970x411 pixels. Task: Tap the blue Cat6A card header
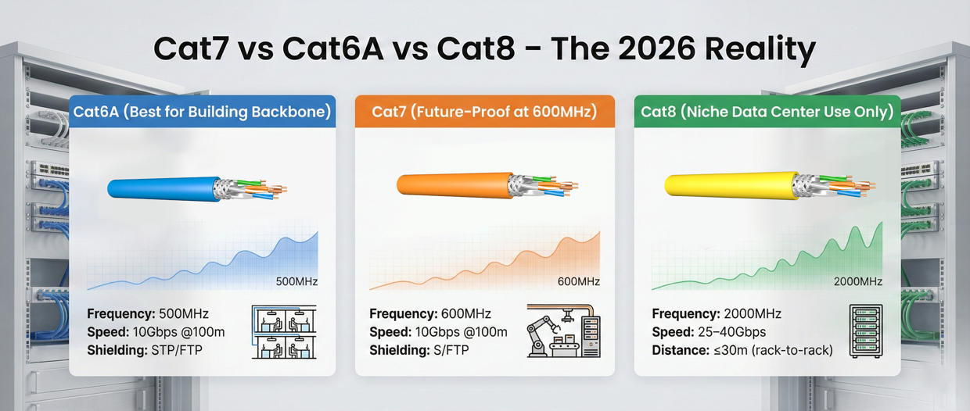[202, 112]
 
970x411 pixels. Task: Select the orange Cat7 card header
[484, 112]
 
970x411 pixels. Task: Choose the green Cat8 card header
[767, 112]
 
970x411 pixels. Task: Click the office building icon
[283, 331]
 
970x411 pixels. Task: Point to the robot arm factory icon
[563, 331]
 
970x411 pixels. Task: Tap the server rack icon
[865, 331]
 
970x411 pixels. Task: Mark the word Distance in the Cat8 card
[677, 350]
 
